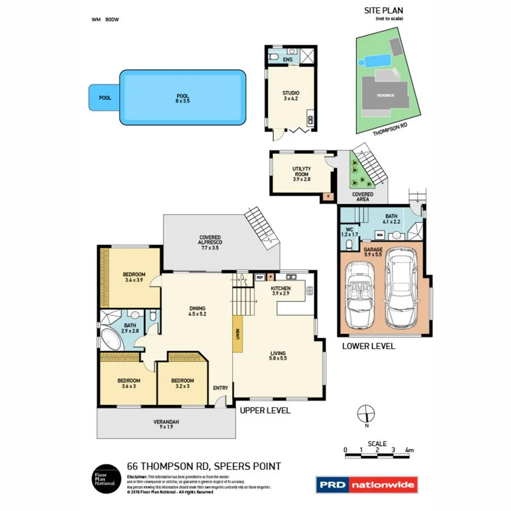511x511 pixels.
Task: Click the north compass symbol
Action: pos(365,413)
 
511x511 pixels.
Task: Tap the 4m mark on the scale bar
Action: pos(408,450)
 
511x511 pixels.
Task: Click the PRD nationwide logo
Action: pos(367,484)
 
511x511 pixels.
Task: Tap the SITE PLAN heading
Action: pos(383,10)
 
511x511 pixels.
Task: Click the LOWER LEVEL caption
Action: pos(368,347)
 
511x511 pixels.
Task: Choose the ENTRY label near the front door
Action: pos(220,388)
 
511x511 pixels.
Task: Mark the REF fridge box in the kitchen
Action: pos(260,277)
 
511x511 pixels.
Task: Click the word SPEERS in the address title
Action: pos(232,467)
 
